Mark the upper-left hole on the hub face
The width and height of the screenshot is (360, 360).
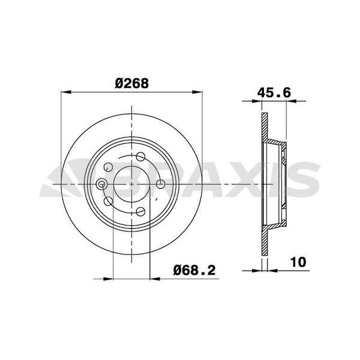pos(108,167)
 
